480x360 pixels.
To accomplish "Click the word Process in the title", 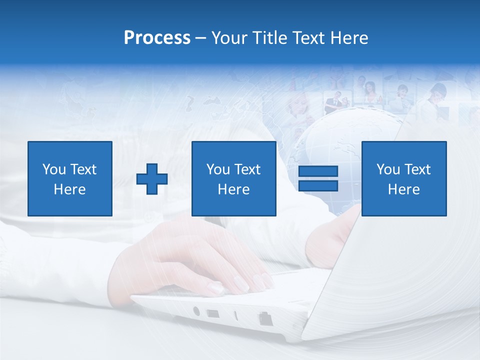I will [x=157, y=38].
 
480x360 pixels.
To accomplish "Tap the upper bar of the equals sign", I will [x=318, y=171].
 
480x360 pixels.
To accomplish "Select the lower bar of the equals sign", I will [x=318, y=185].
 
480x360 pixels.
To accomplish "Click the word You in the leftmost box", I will [x=54, y=169].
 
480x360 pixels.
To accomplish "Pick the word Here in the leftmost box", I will [x=69, y=189].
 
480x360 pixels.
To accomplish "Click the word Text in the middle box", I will [x=247, y=169].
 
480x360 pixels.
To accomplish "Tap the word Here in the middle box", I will [x=233, y=189].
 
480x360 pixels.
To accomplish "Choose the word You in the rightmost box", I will [x=388, y=169].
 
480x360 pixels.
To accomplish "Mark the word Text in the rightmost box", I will [x=417, y=169].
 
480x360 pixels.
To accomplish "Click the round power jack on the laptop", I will [x=196, y=311].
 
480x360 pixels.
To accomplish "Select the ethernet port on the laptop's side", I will [x=264, y=318].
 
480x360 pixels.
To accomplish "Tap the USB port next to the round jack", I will [x=212, y=314].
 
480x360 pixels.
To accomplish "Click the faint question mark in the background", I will [x=189, y=103].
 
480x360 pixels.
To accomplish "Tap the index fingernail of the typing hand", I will [x=216, y=288].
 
